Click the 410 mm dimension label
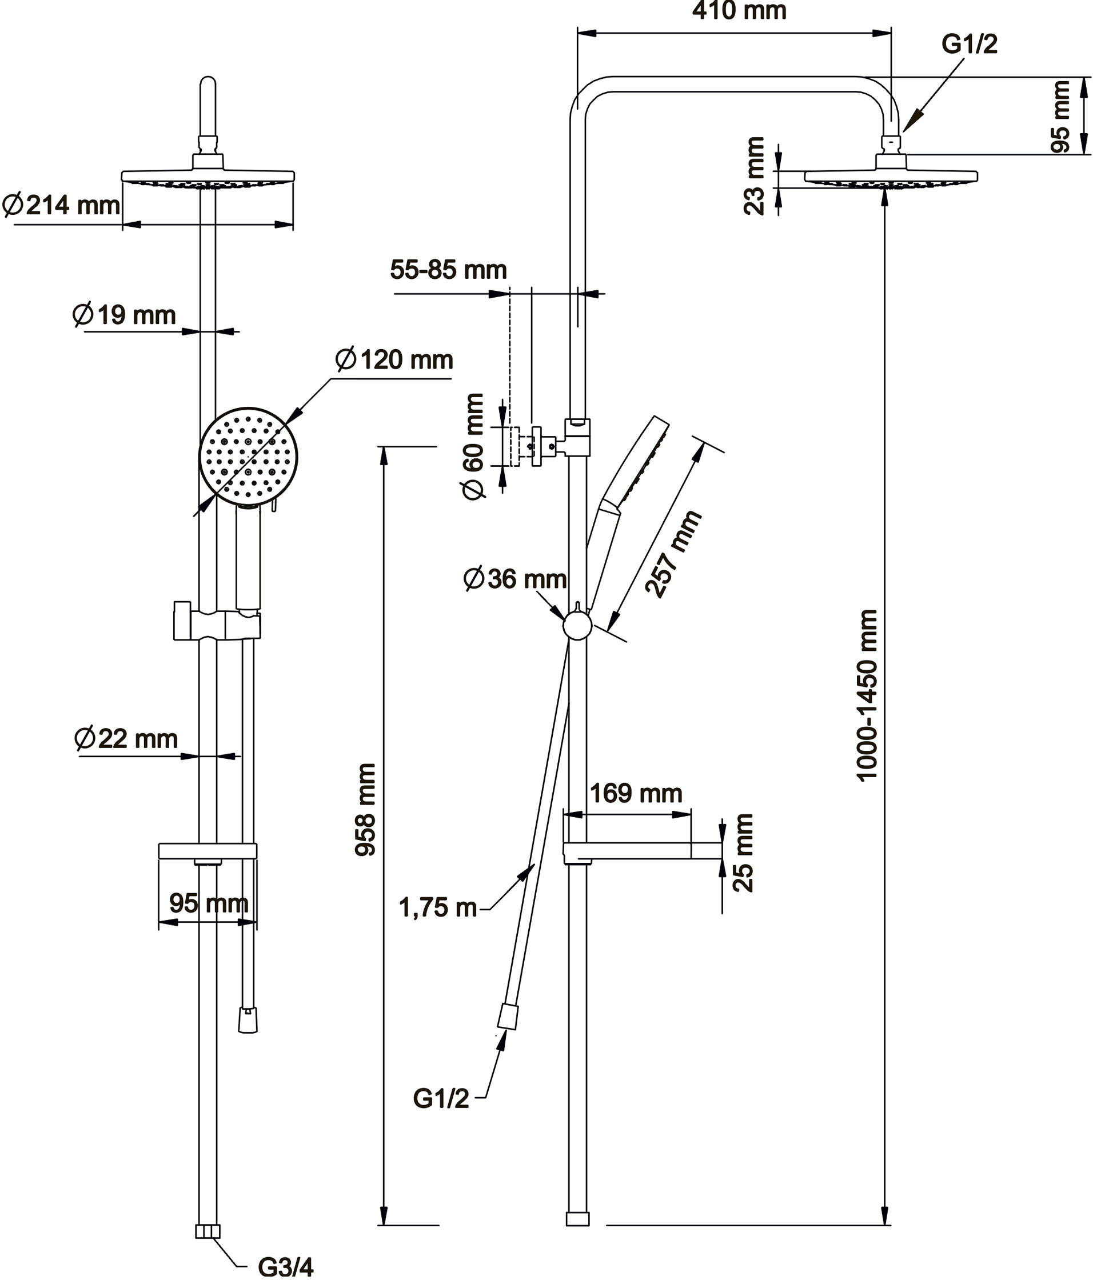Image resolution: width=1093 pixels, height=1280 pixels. click(739, 11)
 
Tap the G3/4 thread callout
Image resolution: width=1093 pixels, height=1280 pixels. click(285, 1267)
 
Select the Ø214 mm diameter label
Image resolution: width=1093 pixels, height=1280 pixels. click(62, 205)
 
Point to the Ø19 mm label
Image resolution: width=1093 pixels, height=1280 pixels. click(125, 315)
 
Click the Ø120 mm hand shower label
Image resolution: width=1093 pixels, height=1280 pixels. click(394, 359)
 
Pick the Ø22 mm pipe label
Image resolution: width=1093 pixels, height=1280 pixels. click(126, 739)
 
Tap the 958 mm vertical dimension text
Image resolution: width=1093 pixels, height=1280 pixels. click(366, 809)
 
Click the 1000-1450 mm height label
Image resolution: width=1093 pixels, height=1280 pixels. click(867, 695)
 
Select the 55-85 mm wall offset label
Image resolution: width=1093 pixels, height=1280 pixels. click(449, 270)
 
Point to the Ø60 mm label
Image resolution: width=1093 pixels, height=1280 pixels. click(474, 446)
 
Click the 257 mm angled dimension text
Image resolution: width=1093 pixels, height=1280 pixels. click(673, 554)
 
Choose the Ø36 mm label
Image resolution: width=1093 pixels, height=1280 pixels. click(515, 579)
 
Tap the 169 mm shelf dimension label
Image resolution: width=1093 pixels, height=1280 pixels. click(636, 794)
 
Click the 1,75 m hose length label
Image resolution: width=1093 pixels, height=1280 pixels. click(438, 908)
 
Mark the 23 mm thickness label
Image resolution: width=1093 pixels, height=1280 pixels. click(755, 176)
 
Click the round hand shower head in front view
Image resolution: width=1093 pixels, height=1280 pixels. click(248, 457)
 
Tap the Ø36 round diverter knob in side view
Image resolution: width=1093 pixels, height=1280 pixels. click(578, 626)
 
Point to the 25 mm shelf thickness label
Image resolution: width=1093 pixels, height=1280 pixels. click(743, 853)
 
